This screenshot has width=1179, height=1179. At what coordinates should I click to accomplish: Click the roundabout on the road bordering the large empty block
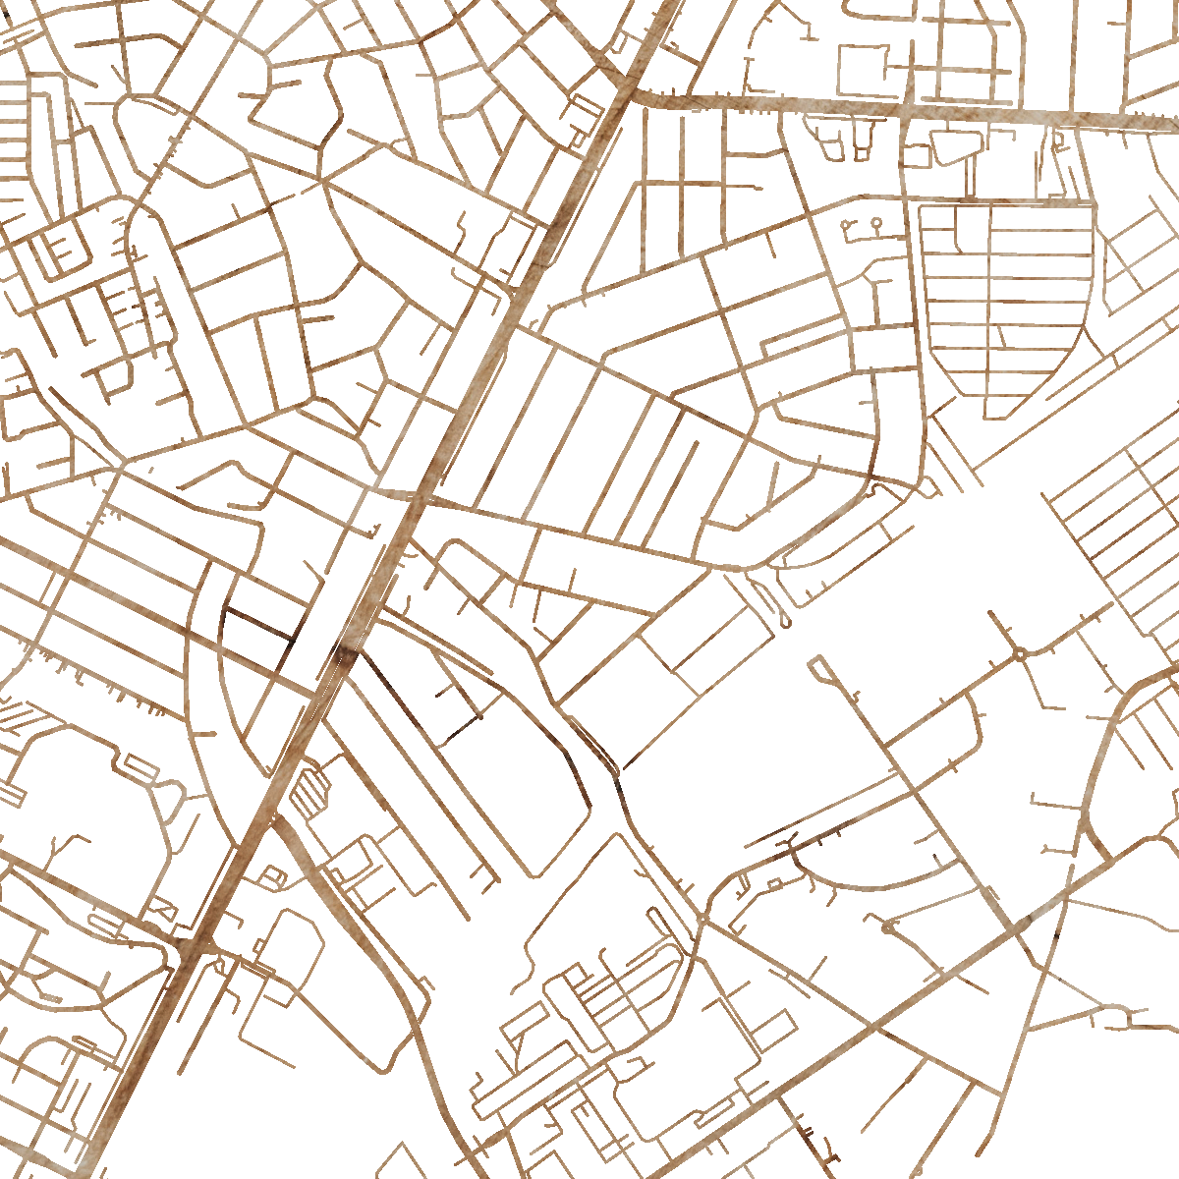[x=1021, y=651]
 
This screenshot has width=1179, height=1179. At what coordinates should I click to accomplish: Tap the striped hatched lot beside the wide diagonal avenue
[x=310, y=792]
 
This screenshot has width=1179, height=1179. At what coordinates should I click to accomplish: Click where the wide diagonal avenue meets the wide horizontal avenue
[x=629, y=96]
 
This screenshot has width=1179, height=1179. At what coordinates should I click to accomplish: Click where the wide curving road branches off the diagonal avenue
[x=279, y=820]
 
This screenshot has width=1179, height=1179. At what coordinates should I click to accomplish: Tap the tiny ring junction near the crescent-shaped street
[x=888, y=926]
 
